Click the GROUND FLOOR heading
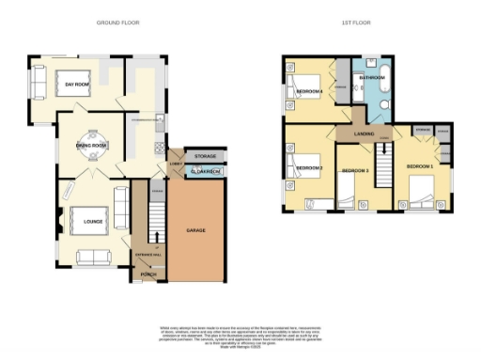[x=116, y=20]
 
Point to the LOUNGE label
[x=92, y=222]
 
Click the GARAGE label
[x=195, y=229]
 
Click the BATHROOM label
[x=374, y=78]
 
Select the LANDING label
[x=365, y=134]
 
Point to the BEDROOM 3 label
[x=353, y=170]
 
